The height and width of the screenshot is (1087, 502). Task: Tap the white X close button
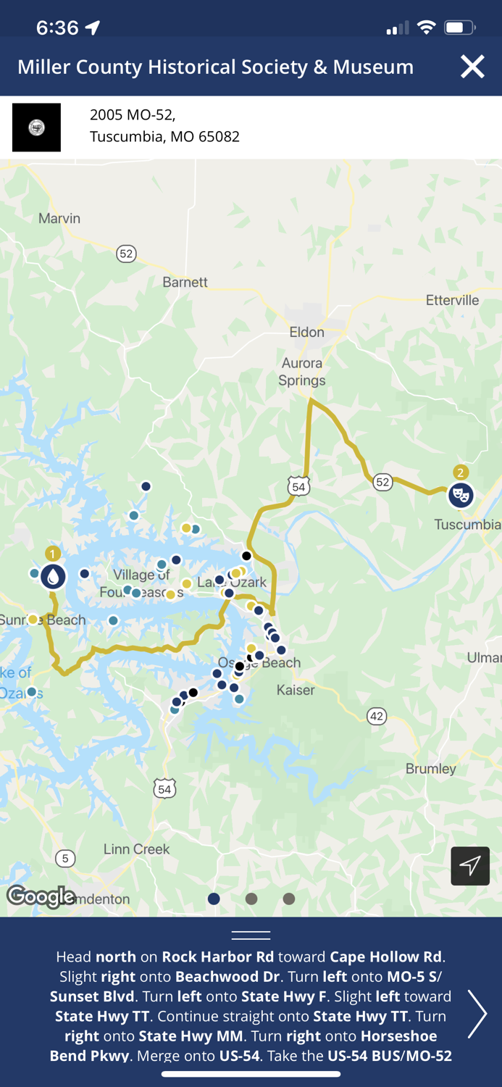coord(472,67)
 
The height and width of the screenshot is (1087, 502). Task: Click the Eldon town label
coord(306,332)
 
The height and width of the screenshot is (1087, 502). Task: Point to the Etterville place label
coord(452,300)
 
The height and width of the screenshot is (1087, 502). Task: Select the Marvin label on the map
coord(59,218)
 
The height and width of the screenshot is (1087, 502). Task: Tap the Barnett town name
coord(185,282)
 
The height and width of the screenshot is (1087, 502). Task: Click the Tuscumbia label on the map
coord(467,524)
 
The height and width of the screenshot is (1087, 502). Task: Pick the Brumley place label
coord(431,768)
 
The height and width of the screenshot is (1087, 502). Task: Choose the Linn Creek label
coord(137,849)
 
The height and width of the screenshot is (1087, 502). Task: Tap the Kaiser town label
coord(296,690)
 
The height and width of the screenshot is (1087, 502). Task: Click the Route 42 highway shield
coord(377,716)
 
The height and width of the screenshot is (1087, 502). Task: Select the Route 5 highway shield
coord(65,859)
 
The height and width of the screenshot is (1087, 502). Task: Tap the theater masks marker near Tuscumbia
coord(461,495)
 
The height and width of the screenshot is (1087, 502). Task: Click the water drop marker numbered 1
coord(53,577)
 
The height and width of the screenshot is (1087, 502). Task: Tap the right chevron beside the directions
coord(477,1014)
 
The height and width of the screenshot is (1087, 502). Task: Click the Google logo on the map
coord(41,897)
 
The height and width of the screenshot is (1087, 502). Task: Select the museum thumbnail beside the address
coord(37,128)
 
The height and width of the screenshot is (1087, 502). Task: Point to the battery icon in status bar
coord(459,28)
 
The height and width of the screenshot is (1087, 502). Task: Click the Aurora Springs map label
coord(302,372)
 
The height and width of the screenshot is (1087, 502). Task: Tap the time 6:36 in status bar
coord(57,28)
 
